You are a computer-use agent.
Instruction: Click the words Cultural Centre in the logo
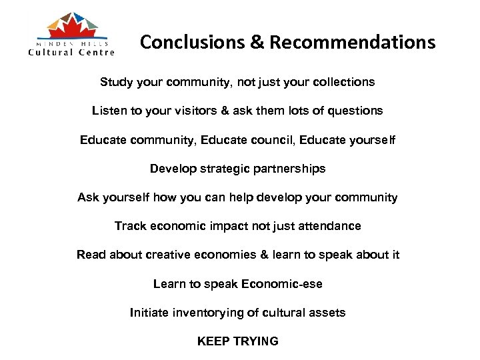click(71, 52)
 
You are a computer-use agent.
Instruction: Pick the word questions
click(353, 111)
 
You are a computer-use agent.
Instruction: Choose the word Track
click(129, 226)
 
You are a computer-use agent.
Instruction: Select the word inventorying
click(203, 313)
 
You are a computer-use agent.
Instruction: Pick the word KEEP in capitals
click(212, 341)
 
